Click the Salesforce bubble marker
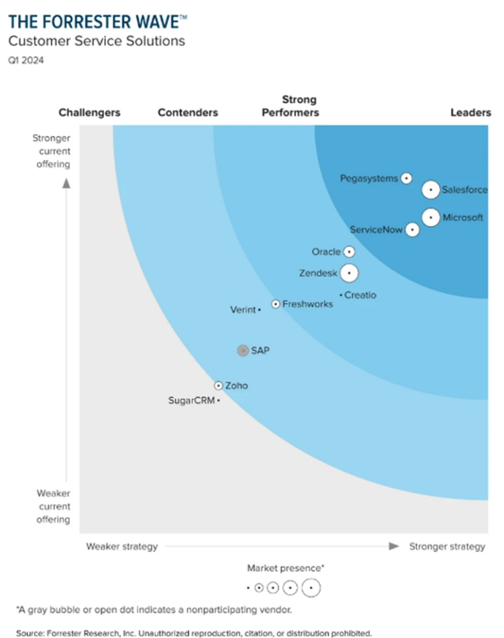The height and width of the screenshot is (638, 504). click(x=431, y=189)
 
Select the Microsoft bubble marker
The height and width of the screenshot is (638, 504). click(x=431, y=218)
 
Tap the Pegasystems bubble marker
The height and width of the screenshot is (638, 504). click(x=406, y=179)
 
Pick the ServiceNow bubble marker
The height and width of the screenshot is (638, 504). click(x=413, y=230)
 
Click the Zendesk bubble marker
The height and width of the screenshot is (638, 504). click(x=348, y=273)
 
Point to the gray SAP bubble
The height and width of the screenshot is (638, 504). click(x=242, y=350)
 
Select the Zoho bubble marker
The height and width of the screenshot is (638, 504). click(x=219, y=385)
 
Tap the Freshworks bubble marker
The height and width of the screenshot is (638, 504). click(x=276, y=304)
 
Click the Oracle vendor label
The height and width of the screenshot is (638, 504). click(x=326, y=252)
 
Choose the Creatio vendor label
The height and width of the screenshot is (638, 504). click(x=360, y=295)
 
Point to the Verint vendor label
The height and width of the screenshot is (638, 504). click(x=242, y=310)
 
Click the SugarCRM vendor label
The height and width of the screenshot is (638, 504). click(x=191, y=401)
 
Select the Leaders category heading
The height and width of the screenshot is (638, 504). click(x=471, y=112)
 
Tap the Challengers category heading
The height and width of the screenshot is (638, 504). click(x=89, y=112)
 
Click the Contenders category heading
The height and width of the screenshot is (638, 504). click(x=188, y=112)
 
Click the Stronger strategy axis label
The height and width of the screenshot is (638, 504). click(x=447, y=546)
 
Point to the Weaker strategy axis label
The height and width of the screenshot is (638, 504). click(x=122, y=546)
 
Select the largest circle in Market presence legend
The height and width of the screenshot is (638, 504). click(x=311, y=587)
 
